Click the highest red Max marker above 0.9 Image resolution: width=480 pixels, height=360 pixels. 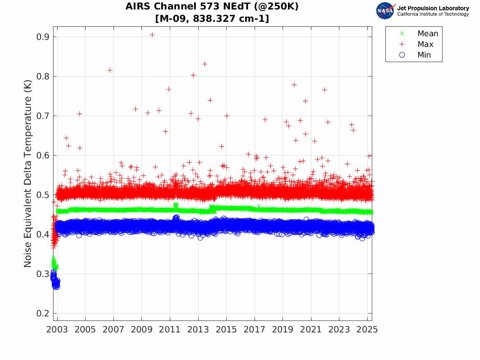point(152,35)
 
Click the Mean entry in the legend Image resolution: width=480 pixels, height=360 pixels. point(427,34)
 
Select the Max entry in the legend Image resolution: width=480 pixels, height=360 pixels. point(425,44)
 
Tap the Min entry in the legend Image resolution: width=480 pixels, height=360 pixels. point(424,55)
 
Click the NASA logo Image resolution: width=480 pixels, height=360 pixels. point(385,11)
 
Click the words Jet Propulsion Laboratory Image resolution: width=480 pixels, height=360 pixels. point(433,8)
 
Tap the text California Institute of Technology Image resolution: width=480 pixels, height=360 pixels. point(433,14)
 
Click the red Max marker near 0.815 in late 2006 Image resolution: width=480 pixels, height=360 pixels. point(110,70)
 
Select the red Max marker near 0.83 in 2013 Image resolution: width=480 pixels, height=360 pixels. point(204,64)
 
